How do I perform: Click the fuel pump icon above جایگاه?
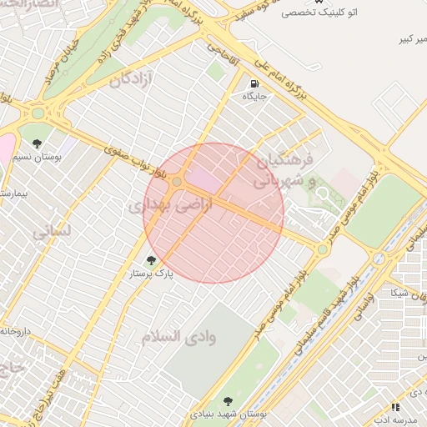[254, 83]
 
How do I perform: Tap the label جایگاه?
[254, 97]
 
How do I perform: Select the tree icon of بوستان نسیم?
[36, 131]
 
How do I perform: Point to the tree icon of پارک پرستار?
[151, 260]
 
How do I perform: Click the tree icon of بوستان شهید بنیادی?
[229, 401]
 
